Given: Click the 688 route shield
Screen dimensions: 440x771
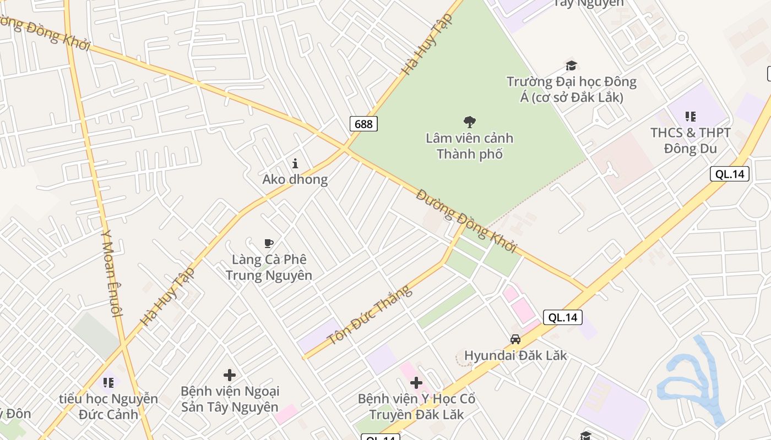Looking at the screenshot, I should click(363, 124).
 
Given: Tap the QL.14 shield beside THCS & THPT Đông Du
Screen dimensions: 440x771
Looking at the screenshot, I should click(730, 174).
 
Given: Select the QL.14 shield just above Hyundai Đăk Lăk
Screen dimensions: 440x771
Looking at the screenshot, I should click(563, 317).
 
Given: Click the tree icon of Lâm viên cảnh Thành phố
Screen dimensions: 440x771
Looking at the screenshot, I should click(470, 122).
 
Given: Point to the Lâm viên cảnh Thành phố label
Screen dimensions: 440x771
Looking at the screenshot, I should click(470, 146).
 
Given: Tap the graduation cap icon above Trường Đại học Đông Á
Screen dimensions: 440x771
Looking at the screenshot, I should click(571, 66).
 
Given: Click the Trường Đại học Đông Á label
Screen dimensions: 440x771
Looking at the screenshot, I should click(571, 90).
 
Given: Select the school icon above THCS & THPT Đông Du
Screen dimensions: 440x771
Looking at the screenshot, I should click(690, 117).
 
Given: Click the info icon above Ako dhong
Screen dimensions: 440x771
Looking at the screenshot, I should click(295, 163).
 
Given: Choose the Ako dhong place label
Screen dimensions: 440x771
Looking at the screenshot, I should click(295, 179).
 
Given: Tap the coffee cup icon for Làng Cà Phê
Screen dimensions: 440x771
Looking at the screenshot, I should click(269, 243).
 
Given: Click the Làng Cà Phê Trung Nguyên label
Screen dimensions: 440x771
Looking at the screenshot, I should click(269, 267).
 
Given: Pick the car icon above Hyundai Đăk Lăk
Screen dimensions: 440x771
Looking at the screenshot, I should click(515, 339).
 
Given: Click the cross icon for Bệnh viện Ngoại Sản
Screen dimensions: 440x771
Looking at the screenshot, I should click(230, 375).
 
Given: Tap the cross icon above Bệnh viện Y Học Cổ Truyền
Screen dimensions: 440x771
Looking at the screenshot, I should click(416, 383).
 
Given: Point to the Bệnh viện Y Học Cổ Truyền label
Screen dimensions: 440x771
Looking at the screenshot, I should click(416, 406).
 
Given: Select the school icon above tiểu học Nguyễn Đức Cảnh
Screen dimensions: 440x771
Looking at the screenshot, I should click(108, 382).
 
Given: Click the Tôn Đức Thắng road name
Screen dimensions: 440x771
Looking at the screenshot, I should click(370, 316).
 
